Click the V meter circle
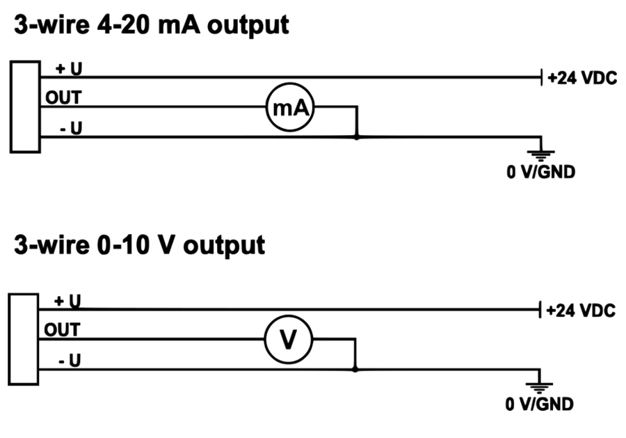pos(289,339)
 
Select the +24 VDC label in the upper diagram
pos(582,78)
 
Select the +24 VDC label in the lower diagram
pos(581,311)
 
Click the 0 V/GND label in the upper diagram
pos(540,171)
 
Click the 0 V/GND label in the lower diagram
pos(540,404)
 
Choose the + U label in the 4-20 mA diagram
pos(67,68)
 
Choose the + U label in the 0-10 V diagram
pos(67,301)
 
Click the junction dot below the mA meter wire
pos(357,137)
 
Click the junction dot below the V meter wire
pos(355,369)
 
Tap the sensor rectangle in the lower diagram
pos(24,338)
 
